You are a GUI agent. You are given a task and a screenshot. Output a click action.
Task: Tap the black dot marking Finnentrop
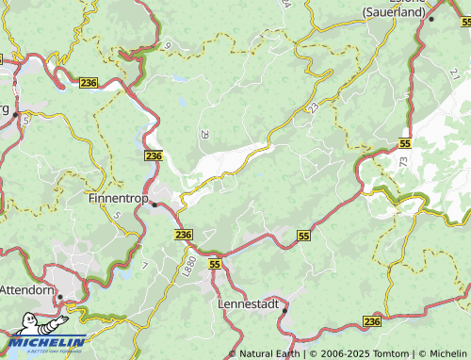click(x=154, y=203)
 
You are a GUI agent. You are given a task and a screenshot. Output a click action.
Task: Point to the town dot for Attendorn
click(x=59, y=297)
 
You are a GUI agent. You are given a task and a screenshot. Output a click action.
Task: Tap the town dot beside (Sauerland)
click(x=431, y=18)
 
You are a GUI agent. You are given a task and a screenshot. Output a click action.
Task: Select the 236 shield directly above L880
click(x=183, y=234)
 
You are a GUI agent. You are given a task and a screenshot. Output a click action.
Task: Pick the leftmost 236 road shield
click(x=89, y=84)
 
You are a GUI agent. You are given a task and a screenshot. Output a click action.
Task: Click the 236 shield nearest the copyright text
click(x=372, y=322)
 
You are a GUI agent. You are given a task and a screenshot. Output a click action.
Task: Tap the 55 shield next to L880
click(x=215, y=266)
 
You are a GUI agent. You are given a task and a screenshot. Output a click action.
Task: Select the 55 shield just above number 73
click(x=404, y=143)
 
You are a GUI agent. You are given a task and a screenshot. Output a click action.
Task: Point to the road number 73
click(x=403, y=162)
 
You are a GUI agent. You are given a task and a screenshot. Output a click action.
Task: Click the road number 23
click(x=310, y=110)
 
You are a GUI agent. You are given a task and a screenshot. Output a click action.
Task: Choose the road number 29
click(x=204, y=135)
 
